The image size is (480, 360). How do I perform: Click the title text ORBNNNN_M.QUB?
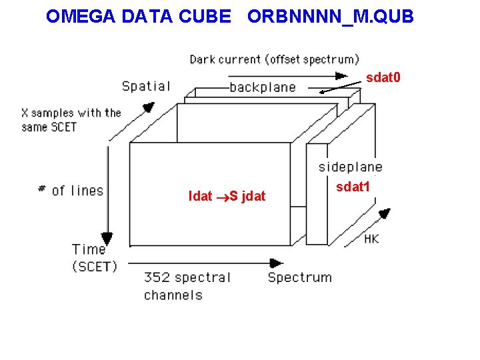tap(330, 17)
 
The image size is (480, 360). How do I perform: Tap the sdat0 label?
tap(383, 78)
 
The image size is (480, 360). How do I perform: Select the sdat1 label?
tap(353, 187)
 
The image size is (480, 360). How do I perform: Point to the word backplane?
tap(262, 87)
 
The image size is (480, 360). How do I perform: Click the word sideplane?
tap(350, 167)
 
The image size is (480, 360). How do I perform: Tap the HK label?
tap(371, 238)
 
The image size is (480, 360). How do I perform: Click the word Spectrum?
tap(299, 277)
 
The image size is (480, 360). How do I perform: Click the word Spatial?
tap(146, 86)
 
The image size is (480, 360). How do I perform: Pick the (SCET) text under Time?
tap(95, 266)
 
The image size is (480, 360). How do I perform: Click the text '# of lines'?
tap(71, 191)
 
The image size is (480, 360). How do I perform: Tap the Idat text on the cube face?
tap(200, 196)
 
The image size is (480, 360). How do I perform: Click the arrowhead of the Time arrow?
tap(106, 237)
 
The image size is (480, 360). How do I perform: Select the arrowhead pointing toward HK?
tap(384, 214)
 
